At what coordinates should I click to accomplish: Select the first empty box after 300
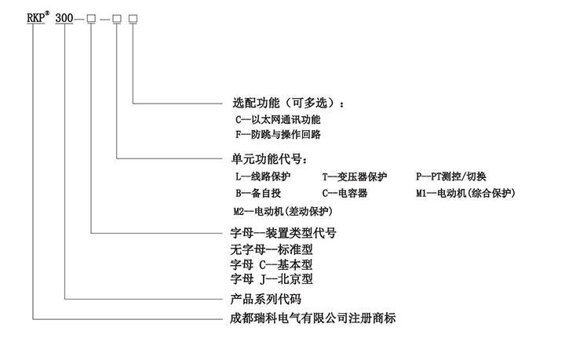coord(93,17)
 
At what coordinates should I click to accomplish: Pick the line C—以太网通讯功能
coord(278,120)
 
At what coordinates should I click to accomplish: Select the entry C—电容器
coord(344,193)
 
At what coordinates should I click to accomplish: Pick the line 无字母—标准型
coord(271,249)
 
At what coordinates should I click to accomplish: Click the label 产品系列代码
coord(262,300)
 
